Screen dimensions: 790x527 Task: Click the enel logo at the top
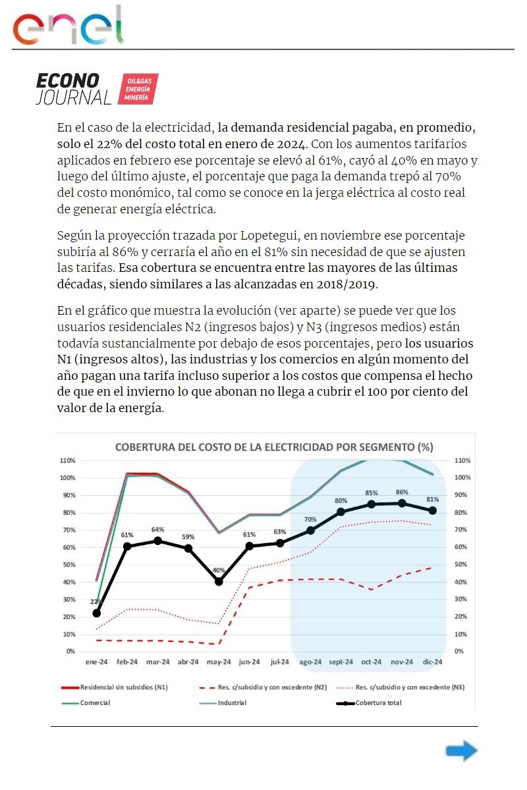(x=69, y=26)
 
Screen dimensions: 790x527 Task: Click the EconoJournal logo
(x=96, y=89)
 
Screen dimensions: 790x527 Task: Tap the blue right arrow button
(x=461, y=750)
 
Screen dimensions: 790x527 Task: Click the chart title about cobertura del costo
(x=274, y=447)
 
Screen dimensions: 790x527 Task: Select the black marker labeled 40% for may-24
(x=219, y=581)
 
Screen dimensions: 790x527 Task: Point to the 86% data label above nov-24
(x=402, y=492)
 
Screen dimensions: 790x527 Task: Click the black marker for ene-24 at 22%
(x=97, y=613)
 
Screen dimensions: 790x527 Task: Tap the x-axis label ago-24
(x=310, y=662)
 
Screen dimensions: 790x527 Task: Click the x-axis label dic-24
(x=433, y=662)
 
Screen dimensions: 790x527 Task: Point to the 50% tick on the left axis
(x=69, y=565)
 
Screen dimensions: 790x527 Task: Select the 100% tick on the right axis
(x=462, y=478)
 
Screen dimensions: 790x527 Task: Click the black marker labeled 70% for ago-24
(x=310, y=530)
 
